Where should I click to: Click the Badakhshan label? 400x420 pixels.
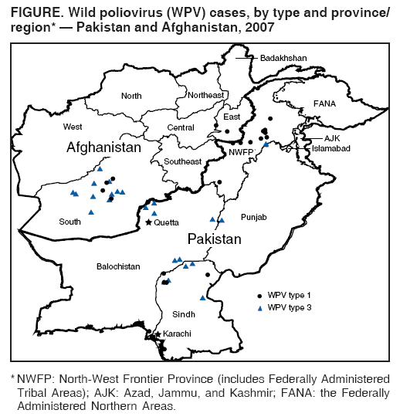click(x=283, y=58)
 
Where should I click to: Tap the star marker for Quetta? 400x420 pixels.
click(x=149, y=222)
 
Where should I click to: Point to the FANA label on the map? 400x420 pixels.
click(x=326, y=103)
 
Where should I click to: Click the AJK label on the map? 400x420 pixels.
click(x=332, y=137)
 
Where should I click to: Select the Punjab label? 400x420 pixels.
click(x=253, y=218)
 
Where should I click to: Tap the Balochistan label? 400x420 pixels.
click(x=118, y=266)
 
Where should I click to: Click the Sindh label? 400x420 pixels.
click(x=184, y=314)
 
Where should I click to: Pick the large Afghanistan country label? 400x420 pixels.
click(x=104, y=147)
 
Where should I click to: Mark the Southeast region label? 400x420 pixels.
click(x=181, y=161)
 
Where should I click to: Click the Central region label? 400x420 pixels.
click(x=181, y=127)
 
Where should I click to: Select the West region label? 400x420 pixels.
click(x=73, y=126)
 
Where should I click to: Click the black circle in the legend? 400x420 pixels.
click(x=259, y=296)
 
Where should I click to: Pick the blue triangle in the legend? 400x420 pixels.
click(x=259, y=307)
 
